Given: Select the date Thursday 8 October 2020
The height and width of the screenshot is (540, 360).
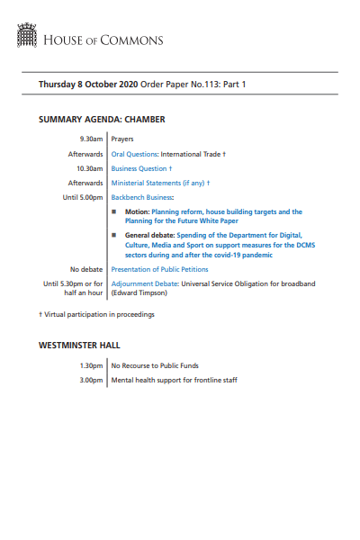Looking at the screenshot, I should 89,84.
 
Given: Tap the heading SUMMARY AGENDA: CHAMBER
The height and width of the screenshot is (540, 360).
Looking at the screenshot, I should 102,119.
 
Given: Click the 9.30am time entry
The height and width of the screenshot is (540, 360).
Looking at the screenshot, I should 91,139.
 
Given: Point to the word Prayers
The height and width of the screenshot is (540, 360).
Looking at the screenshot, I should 122,139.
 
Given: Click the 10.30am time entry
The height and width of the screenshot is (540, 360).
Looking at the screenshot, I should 89,168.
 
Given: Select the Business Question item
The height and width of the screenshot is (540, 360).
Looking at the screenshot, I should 139,168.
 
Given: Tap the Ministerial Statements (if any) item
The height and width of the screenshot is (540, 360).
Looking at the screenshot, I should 158,182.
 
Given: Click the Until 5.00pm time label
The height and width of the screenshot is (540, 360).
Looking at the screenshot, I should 83,196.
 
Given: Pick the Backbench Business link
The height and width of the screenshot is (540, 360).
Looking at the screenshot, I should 141,196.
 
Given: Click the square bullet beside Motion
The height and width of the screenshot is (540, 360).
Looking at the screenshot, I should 114,212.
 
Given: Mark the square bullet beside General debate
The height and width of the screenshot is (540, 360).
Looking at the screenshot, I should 114,234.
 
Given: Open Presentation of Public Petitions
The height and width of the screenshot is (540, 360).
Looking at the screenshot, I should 159,269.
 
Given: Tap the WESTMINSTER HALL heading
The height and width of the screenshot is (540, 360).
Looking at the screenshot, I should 79,345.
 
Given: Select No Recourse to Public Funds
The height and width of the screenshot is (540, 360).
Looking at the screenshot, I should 154,365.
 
